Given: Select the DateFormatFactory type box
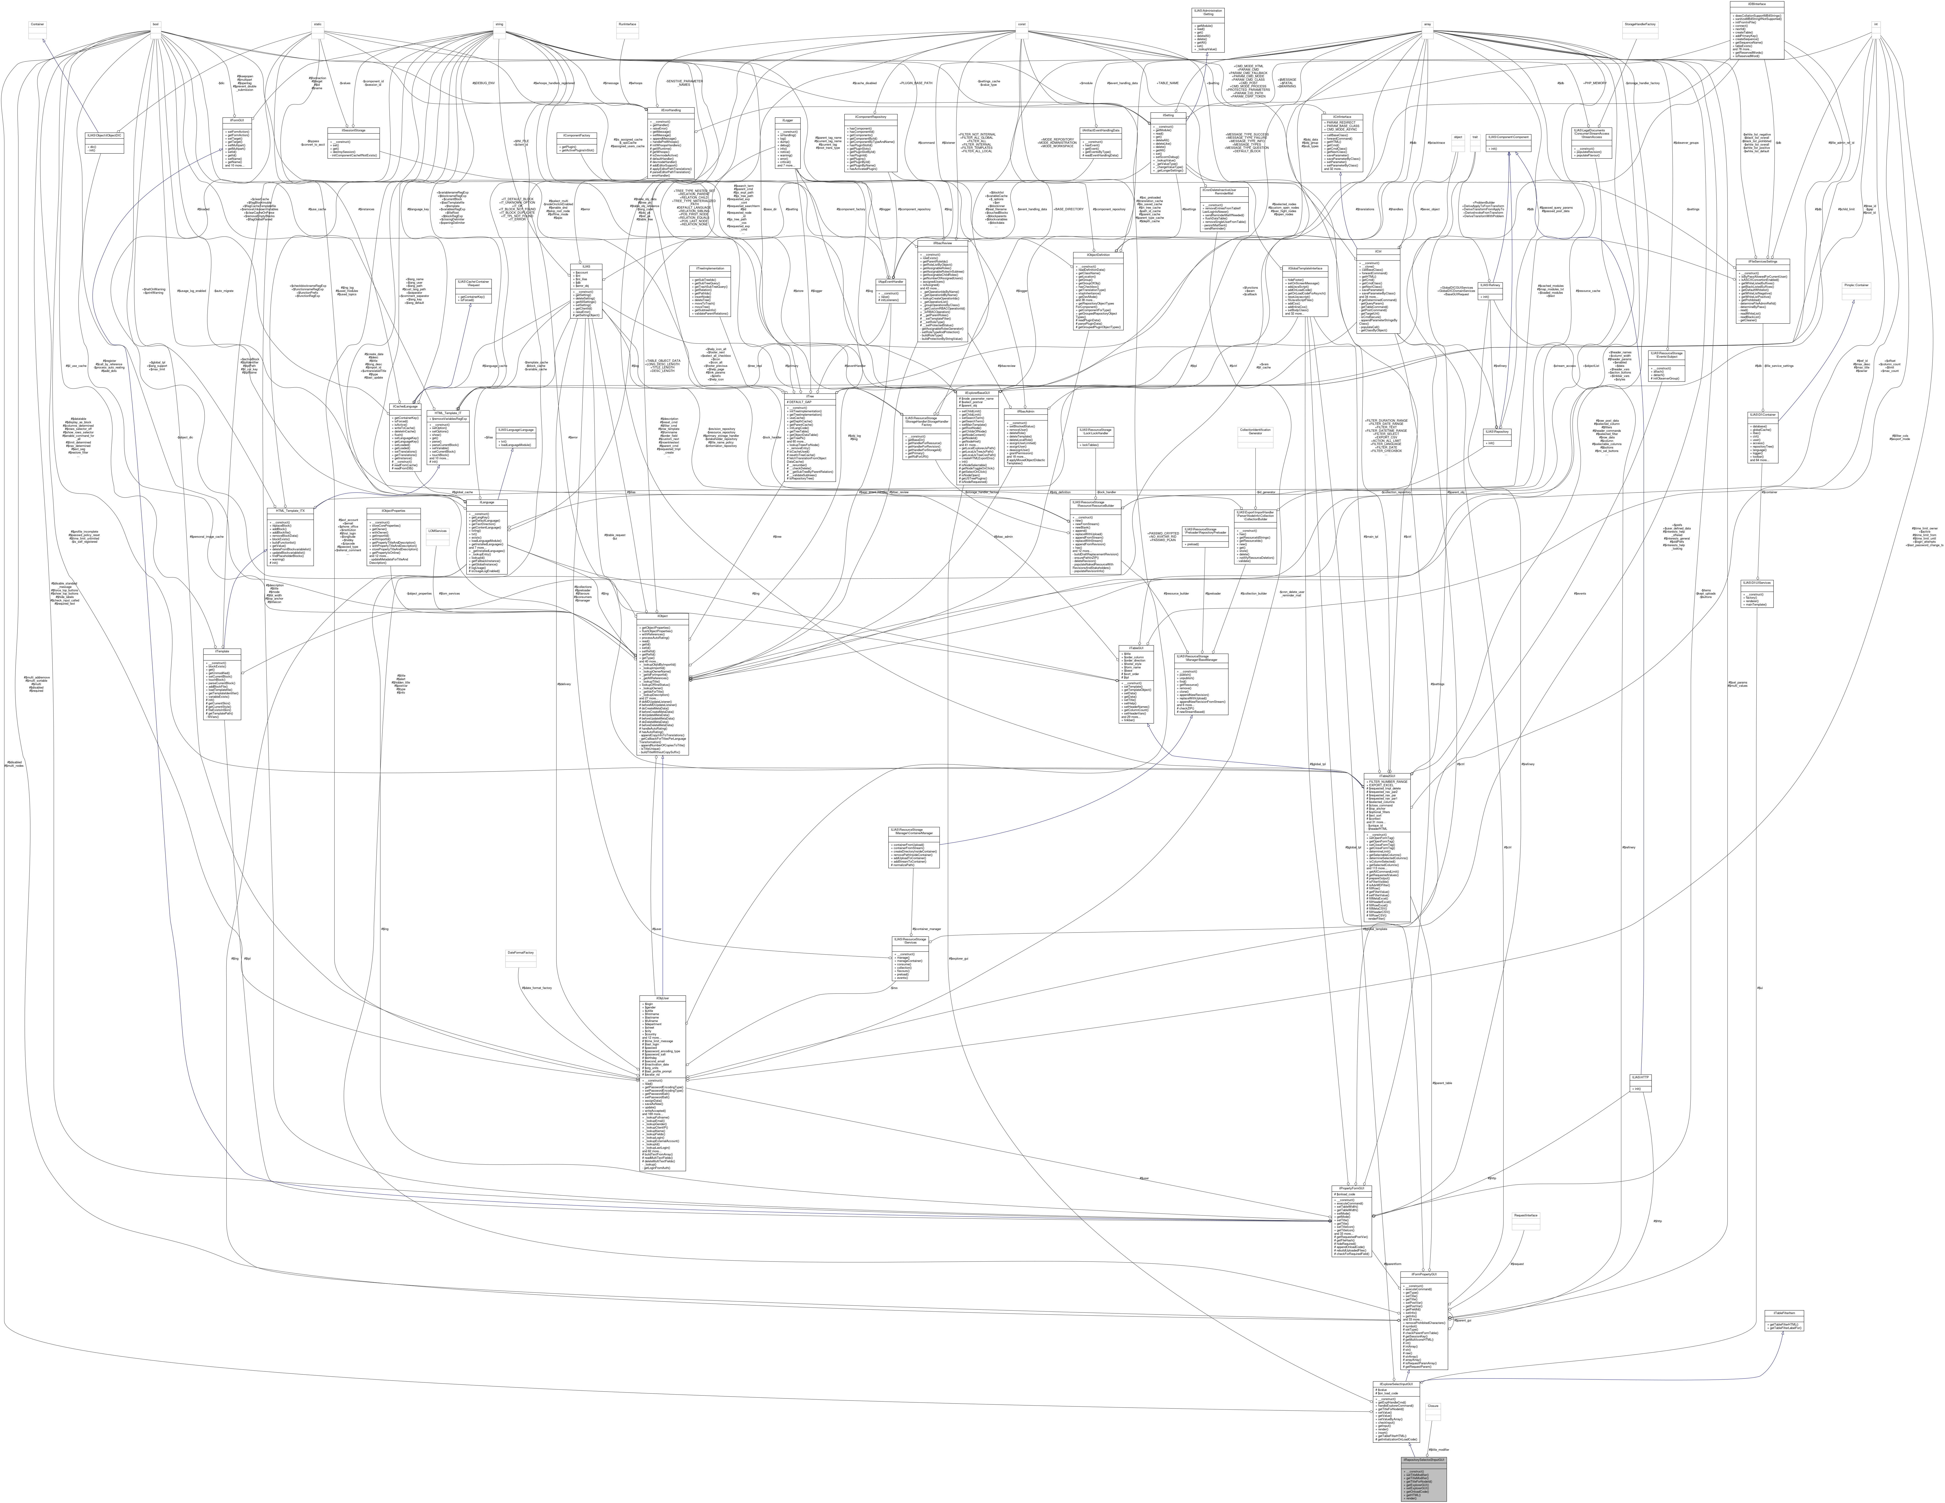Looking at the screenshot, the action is click(x=520, y=953).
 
